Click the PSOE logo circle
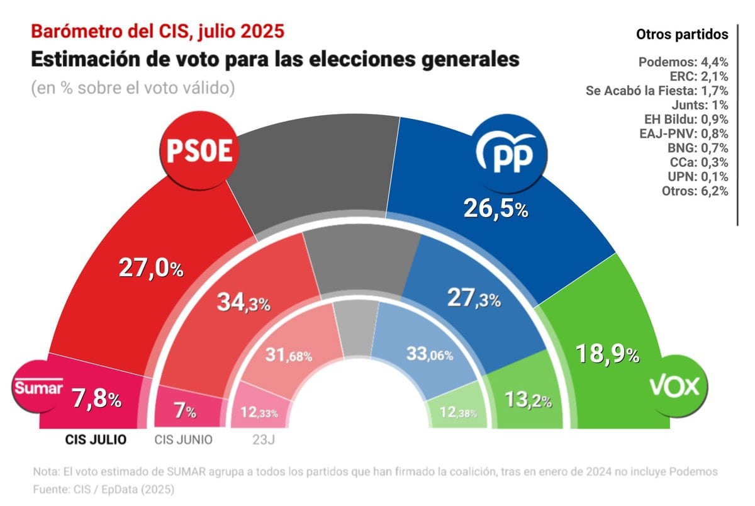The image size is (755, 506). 199,151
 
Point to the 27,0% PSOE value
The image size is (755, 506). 151,269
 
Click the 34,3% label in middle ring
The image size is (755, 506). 243,303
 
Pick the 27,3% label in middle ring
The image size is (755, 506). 473,298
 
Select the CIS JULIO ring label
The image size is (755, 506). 96,440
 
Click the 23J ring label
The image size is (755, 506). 259,440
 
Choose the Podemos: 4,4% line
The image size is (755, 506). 683,62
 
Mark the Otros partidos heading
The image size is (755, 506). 682,34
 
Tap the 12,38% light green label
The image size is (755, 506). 458,413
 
